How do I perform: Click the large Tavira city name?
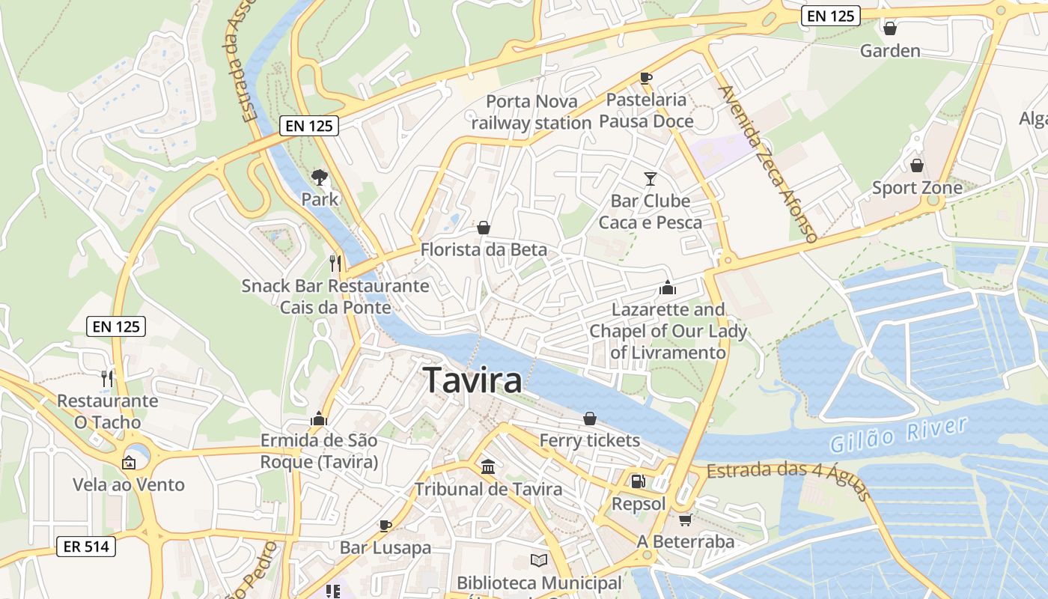(x=472, y=380)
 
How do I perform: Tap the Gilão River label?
(x=898, y=434)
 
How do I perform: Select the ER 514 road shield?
(x=86, y=547)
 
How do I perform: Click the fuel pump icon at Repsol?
(x=638, y=481)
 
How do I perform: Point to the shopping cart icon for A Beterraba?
(x=684, y=519)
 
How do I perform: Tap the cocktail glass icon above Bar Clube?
(x=650, y=178)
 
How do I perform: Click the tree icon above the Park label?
(x=320, y=177)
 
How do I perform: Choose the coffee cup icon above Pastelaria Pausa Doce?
(x=646, y=78)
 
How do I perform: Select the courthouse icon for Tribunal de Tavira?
(x=488, y=467)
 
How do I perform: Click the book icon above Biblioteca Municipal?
(x=539, y=560)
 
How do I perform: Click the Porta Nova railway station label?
(x=531, y=112)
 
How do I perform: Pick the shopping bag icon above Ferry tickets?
(x=590, y=418)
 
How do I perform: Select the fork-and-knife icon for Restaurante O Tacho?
(x=107, y=378)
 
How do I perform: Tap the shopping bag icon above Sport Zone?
(x=917, y=165)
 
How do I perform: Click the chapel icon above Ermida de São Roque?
(x=319, y=419)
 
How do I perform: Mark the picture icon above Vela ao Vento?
(x=129, y=462)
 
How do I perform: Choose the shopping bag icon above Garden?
(x=890, y=28)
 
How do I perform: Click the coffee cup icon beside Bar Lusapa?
(x=386, y=526)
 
